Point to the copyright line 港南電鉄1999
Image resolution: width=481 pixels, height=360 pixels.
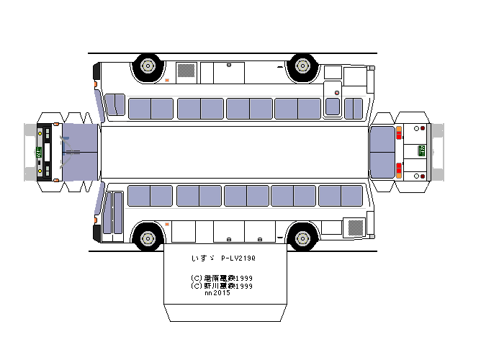click(x=222, y=278)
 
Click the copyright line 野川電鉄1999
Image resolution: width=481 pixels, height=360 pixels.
click(x=222, y=285)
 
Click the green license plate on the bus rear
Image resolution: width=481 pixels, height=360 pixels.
click(x=421, y=150)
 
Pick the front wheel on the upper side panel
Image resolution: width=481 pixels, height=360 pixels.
click(x=147, y=66)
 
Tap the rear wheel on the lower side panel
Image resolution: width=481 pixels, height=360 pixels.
click(x=302, y=236)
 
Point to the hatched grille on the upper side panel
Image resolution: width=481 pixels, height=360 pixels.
click(x=186, y=71)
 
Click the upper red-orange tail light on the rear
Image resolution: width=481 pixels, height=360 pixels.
click(x=398, y=133)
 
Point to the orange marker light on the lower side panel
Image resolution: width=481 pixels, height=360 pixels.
click(x=168, y=225)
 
